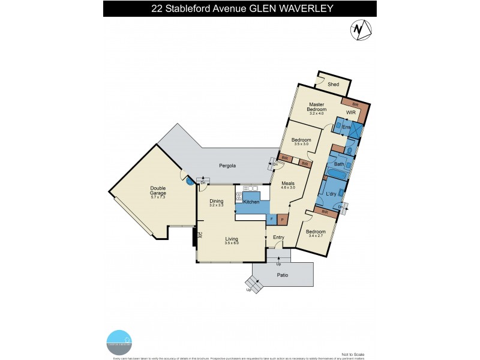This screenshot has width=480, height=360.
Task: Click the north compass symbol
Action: click(359, 29)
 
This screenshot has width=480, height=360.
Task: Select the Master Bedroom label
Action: click(316, 107)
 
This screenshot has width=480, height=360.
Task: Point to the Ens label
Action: click(346, 127)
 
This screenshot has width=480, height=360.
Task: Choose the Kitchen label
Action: click(251, 202)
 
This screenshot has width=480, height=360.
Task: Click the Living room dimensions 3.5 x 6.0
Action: click(232, 242)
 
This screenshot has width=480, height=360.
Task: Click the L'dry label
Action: click(329, 194)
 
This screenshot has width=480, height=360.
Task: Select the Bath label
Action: click(339, 164)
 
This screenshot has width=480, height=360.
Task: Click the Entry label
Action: click(278, 238)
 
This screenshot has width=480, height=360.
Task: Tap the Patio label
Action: click(282, 275)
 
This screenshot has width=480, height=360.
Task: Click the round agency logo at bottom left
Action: click(118, 343)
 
